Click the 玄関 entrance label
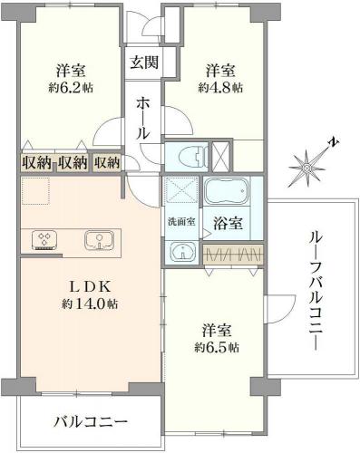144,63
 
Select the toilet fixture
191,157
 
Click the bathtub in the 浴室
227,191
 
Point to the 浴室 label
228,223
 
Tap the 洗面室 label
181,222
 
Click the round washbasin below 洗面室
183,251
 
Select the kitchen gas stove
44,240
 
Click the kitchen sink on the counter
100,240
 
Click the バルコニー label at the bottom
91,421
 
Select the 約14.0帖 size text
90,304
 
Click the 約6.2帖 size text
71,88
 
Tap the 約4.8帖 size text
220,88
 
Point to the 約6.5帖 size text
217,348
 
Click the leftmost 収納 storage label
36,162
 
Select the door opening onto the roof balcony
279,309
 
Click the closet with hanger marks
233,255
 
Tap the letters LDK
90,287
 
